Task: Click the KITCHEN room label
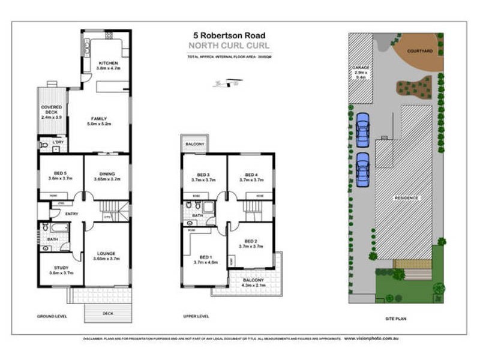coord(109,63)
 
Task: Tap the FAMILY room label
coord(99,119)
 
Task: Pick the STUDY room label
coord(60,268)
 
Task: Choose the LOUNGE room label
coord(107,254)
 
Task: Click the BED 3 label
coord(204,175)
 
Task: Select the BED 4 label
coord(251,175)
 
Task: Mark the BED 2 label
coord(251,241)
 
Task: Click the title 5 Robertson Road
coord(229,35)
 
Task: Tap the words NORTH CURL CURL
coord(229,45)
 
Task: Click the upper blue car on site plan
coord(362,130)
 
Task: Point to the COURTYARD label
coord(420,51)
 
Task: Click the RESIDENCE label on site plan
coord(406,198)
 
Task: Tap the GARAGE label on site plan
coord(361,68)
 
